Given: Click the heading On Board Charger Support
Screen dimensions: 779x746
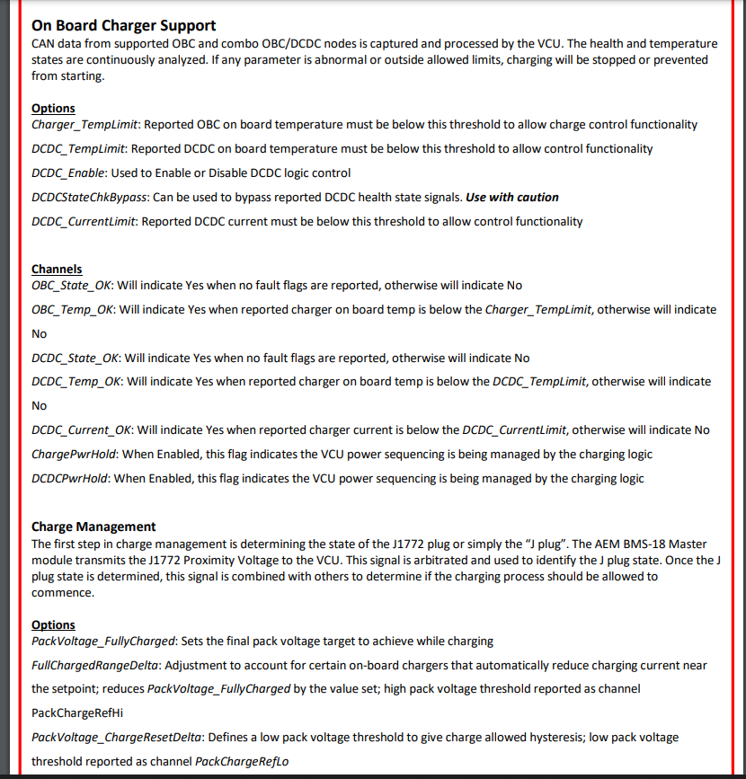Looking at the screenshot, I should [x=124, y=25].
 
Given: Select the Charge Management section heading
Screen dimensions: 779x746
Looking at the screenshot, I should [x=93, y=527].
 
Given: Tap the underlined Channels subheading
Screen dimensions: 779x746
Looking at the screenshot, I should [x=57, y=269].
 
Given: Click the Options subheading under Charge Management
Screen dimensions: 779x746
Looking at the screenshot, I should [x=53, y=624].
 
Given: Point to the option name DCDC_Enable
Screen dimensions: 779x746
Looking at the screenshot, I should [x=68, y=173].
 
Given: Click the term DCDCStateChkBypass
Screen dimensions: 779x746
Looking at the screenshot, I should [x=89, y=197].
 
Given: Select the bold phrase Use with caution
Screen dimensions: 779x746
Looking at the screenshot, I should [x=512, y=197].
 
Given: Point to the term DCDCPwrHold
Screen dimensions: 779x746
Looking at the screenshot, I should [x=69, y=478].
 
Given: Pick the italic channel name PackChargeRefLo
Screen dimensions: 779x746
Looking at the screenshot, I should [x=247, y=761].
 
